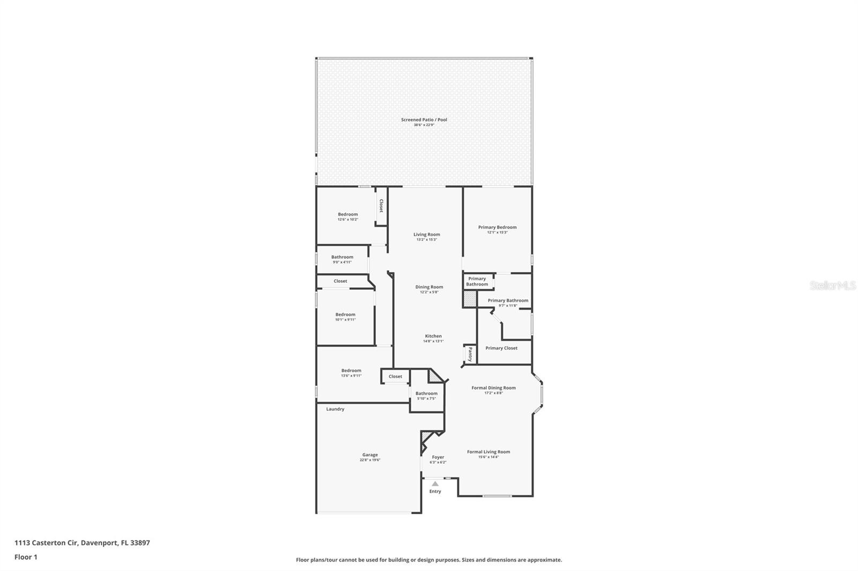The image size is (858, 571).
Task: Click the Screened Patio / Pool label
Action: click(424, 119)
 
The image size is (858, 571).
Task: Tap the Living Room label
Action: click(426, 234)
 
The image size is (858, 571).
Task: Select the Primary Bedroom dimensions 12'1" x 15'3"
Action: click(497, 232)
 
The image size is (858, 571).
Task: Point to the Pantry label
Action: click(470, 354)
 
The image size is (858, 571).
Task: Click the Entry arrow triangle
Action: click(435, 484)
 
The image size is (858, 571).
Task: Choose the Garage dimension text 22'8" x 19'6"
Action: click(370, 460)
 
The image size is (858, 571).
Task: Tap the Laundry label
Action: click(335, 409)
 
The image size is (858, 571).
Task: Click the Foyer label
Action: click(438, 457)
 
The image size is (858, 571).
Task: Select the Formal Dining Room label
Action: click(493, 388)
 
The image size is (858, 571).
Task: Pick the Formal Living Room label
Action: click(488, 452)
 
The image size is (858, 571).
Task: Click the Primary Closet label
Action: click(501, 348)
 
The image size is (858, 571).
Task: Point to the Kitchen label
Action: click(433, 336)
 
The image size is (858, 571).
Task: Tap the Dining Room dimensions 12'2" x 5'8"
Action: click(429, 292)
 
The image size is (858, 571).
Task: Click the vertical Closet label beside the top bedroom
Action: click(381, 206)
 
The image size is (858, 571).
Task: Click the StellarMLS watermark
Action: click(832, 285)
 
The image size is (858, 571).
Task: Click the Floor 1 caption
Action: click(26, 557)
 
